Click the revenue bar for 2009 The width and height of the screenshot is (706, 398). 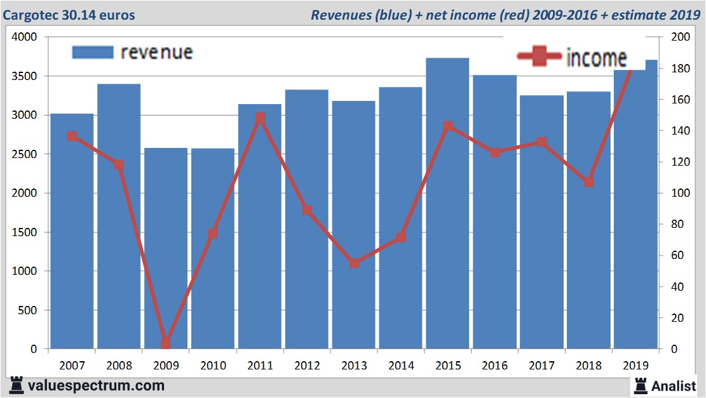click(166, 254)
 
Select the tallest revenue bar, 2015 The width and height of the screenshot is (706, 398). click(448, 209)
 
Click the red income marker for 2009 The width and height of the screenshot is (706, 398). click(166, 343)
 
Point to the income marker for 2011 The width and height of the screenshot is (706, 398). click(260, 118)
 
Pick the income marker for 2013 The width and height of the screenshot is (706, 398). click(354, 263)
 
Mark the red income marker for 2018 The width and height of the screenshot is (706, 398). click(589, 182)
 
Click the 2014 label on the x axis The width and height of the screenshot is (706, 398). click(401, 366)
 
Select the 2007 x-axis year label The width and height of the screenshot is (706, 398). click(72, 366)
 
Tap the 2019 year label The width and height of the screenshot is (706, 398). click(636, 366)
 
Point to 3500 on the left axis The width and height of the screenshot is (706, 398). click(25, 76)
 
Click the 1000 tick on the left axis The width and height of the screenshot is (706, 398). click(25, 271)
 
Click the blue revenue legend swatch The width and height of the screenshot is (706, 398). click(92, 52)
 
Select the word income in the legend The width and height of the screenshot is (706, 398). click(596, 58)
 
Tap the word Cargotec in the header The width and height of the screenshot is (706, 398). click(29, 15)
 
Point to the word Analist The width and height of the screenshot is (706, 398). click(674, 385)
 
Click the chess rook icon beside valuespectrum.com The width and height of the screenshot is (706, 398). click(17, 385)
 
